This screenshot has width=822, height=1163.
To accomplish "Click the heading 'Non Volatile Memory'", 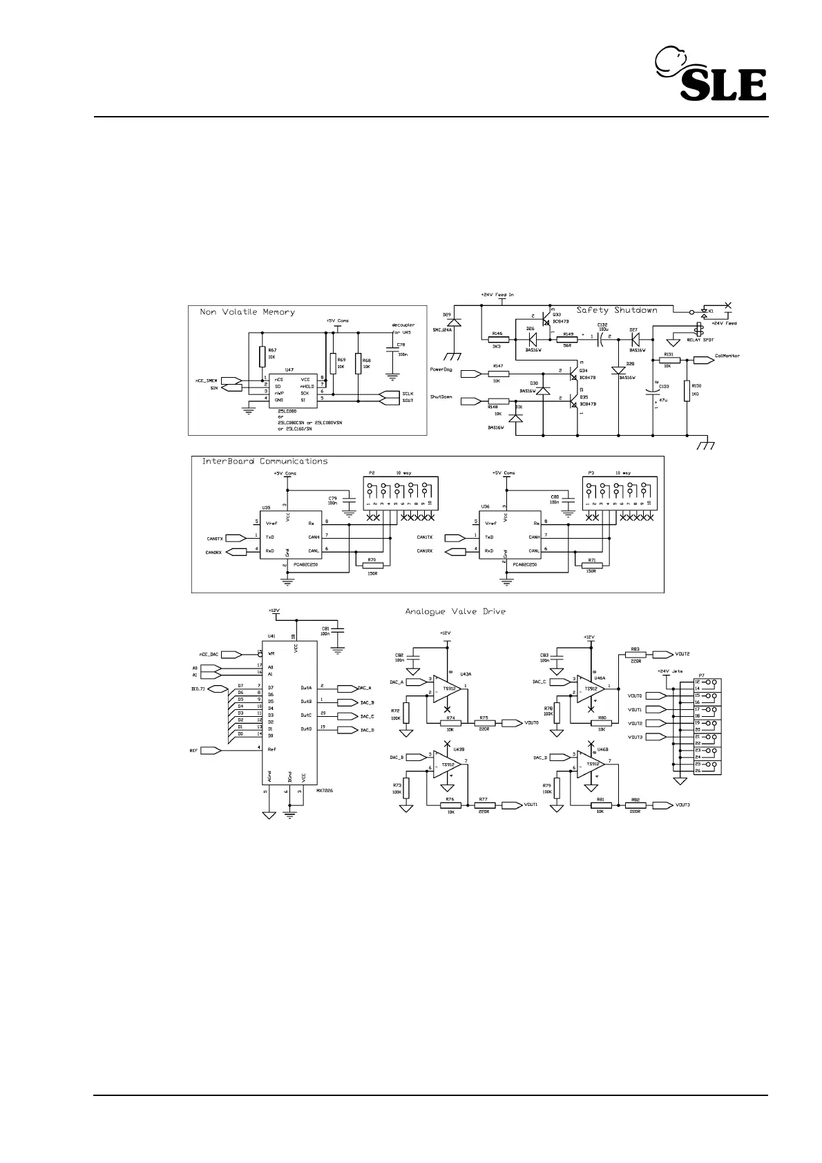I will click(247, 312).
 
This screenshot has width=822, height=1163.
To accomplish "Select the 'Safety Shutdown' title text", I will click(617, 310).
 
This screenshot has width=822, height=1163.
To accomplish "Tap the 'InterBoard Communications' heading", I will click(265, 461).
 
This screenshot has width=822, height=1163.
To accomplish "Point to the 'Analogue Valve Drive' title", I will click(455, 611).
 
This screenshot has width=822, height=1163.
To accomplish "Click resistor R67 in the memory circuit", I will click(262, 356).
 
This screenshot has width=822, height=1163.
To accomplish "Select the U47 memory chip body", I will click(291, 391).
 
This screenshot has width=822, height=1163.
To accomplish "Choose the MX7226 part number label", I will click(325, 791).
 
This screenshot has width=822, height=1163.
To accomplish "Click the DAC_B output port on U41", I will click(346, 702).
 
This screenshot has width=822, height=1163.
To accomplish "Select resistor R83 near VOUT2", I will click(635, 654).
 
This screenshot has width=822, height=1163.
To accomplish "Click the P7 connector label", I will click(702, 675).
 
